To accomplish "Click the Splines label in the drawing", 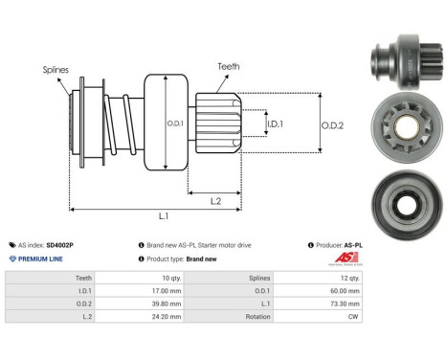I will click(x=55, y=70).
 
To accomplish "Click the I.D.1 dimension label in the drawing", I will click(x=274, y=124).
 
